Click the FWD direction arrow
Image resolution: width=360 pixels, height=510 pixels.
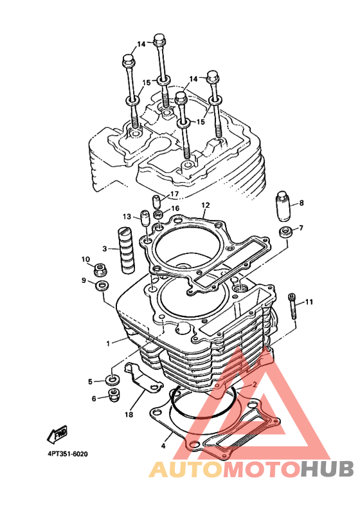(x=58, y=434)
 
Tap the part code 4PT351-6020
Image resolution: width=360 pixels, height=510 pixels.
(x=67, y=454)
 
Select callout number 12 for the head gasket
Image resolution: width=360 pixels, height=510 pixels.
(x=206, y=205)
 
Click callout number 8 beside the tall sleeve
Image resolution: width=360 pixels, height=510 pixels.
(x=301, y=203)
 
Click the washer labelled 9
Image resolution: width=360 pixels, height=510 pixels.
(x=102, y=286)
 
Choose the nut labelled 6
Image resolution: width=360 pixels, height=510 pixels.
(x=114, y=394)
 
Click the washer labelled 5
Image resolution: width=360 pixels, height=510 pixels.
(x=113, y=380)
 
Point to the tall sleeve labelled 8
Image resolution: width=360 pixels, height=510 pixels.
(x=283, y=206)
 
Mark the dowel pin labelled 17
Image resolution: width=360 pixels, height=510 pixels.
(x=157, y=202)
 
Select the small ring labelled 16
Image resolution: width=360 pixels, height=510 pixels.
(x=159, y=214)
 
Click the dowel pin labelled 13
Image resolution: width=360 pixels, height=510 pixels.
(x=145, y=219)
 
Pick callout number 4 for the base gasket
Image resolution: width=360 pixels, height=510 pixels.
(x=163, y=446)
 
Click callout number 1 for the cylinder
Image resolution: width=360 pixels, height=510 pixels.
(x=108, y=343)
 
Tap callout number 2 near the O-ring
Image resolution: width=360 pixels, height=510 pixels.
(x=255, y=385)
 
